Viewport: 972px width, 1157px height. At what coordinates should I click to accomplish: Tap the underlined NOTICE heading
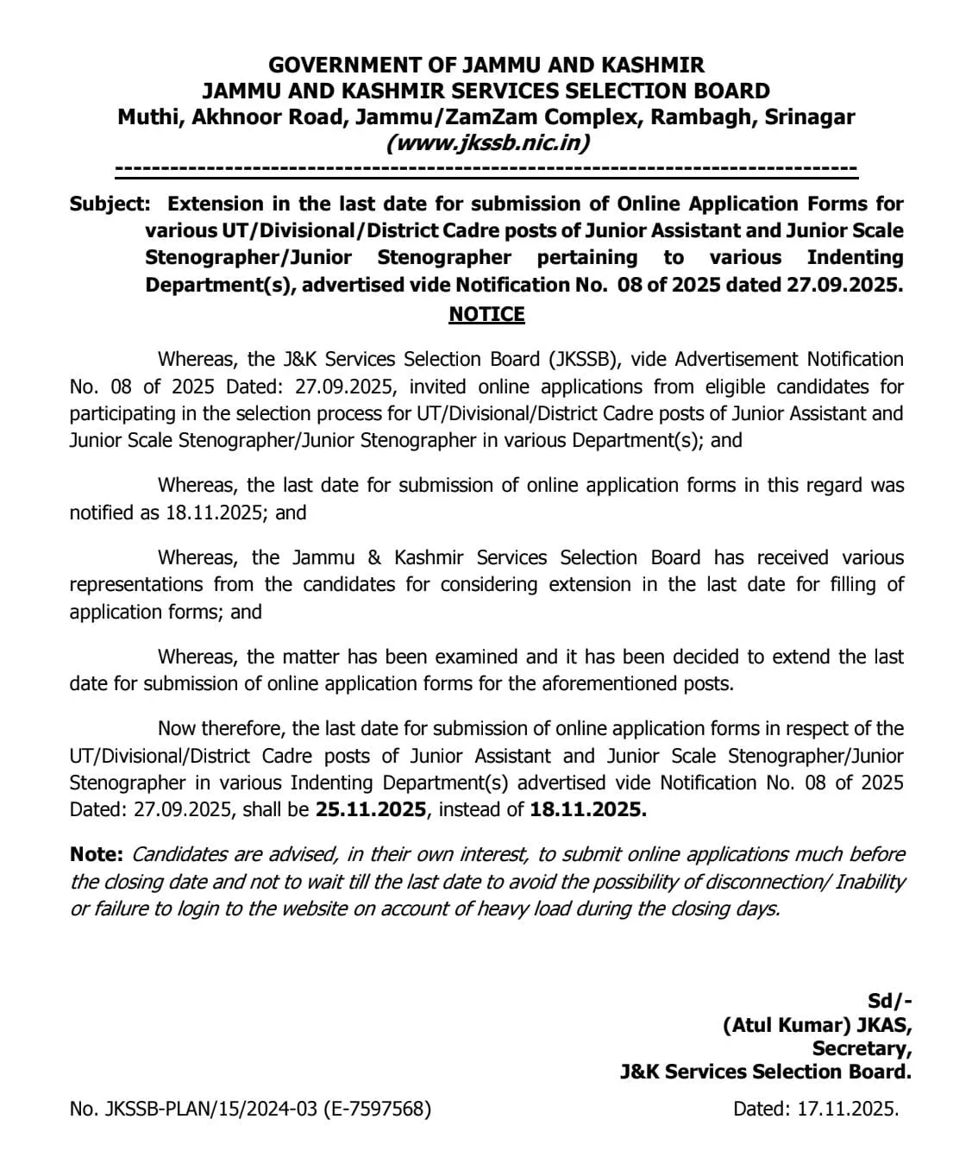[486, 314]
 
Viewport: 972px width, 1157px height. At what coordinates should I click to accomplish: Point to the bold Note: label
[97, 854]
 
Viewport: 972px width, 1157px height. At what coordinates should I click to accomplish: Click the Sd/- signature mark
[889, 1001]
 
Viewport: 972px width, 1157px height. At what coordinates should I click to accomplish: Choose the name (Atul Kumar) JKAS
[817, 1025]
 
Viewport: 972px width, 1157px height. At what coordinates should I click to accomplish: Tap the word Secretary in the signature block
[861, 1048]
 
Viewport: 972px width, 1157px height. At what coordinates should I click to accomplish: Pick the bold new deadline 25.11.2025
[371, 809]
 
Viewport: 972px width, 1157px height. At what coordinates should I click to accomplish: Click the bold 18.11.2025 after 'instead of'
[588, 809]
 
